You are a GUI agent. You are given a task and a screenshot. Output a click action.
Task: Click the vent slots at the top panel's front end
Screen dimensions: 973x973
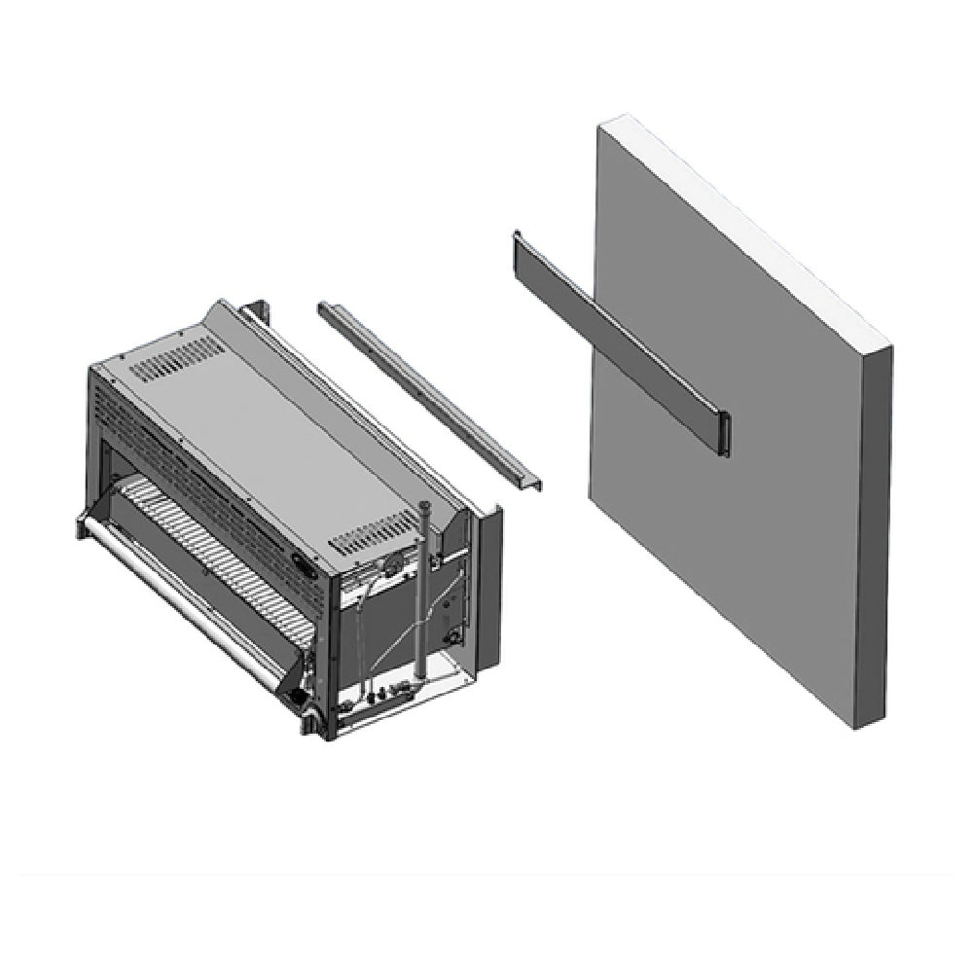click(x=176, y=359)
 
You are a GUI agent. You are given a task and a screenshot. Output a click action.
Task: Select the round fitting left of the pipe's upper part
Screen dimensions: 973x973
click(x=393, y=565)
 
